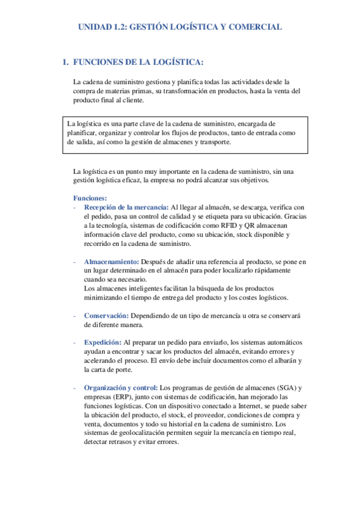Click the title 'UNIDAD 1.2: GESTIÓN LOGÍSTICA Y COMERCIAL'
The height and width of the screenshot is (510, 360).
coord(180,27)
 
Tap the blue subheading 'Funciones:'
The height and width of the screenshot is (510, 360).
coord(90,198)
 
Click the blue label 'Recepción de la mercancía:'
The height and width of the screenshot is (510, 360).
coord(126,207)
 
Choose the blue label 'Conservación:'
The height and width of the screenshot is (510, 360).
coord(106,316)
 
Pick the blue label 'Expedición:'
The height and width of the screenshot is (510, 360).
coord(103,342)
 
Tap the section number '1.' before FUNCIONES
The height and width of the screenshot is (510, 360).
coord(66,62)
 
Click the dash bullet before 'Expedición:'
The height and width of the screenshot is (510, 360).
coord(74,342)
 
